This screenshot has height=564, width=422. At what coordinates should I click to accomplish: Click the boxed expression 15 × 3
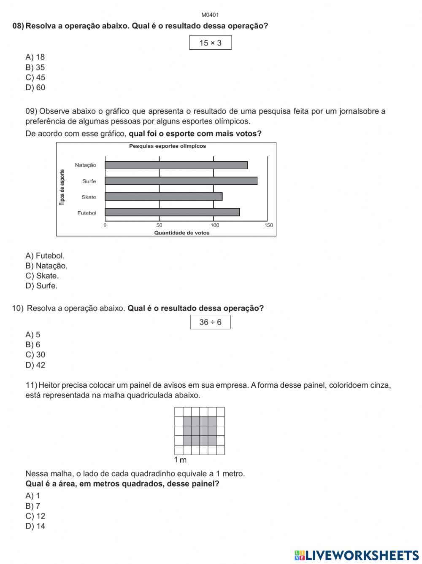pyautogui.click(x=210, y=43)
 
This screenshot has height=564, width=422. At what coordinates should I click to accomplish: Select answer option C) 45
pyautogui.click(x=35, y=78)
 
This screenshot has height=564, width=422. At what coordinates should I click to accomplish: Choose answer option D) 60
pyautogui.click(x=35, y=88)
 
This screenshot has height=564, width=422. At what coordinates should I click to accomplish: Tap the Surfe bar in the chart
pyautogui.click(x=181, y=181)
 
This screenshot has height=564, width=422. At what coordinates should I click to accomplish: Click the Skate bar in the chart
pyautogui.click(x=163, y=196)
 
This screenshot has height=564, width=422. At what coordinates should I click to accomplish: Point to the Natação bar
pyautogui.click(x=176, y=165)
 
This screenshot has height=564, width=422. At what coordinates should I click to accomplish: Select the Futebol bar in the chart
pyautogui.click(x=172, y=212)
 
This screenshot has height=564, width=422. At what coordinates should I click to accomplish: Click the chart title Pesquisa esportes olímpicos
pyautogui.click(x=168, y=146)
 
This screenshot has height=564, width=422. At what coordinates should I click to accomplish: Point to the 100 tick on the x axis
pyautogui.click(x=215, y=225)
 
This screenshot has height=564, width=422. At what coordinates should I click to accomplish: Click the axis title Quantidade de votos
pyautogui.click(x=181, y=233)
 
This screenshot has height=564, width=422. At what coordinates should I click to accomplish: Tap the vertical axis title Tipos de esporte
pyautogui.click(x=62, y=188)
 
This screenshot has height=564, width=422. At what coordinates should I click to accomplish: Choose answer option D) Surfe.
pyautogui.click(x=41, y=286)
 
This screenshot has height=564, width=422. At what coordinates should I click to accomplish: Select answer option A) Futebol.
pyautogui.click(x=45, y=256)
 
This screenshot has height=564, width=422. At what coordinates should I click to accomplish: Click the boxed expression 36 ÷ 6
pyautogui.click(x=210, y=322)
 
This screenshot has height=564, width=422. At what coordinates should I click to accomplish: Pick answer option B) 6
pyautogui.click(x=33, y=345)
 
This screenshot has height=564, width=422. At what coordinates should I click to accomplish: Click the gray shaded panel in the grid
pyautogui.click(x=200, y=431)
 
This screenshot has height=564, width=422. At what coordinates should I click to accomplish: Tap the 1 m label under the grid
pyautogui.click(x=180, y=460)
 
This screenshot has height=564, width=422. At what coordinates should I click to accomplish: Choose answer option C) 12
pyautogui.click(x=35, y=516)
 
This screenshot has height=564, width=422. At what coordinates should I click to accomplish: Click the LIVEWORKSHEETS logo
pyautogui.click(x=356, y=555)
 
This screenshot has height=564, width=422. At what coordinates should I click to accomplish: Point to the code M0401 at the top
pyautogui.click(x=210, y=15)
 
